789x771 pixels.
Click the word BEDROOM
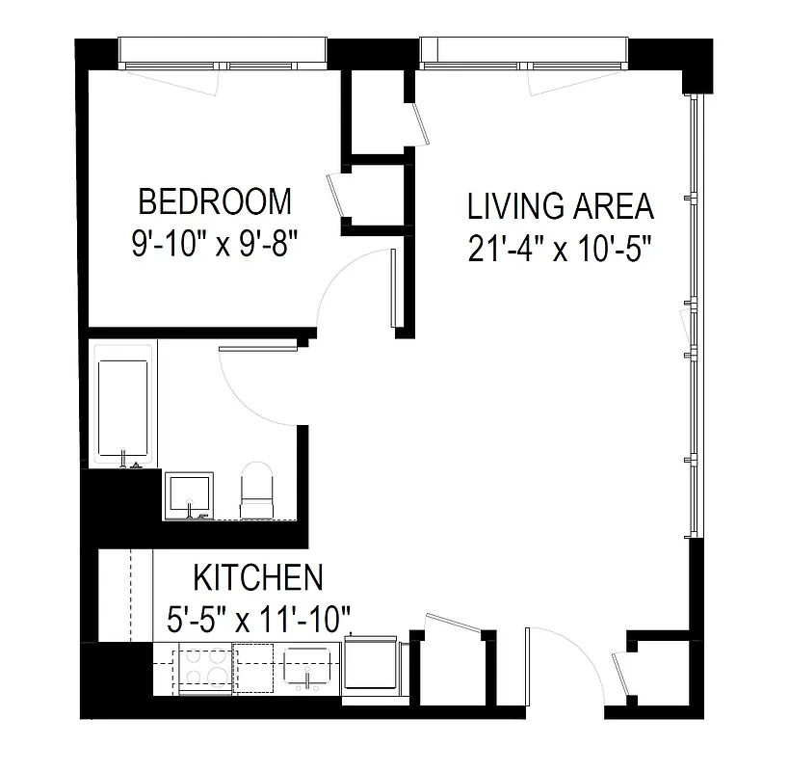tap(214, 201)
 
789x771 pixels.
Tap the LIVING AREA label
tap(560, 206)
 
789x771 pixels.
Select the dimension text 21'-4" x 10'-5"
tap(560, 249)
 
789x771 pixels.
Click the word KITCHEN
tap(258, 578)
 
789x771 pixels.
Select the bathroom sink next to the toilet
tap(189, 494)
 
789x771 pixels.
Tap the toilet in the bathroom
tap(257, 492)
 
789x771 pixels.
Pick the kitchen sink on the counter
tap(307, 668)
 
